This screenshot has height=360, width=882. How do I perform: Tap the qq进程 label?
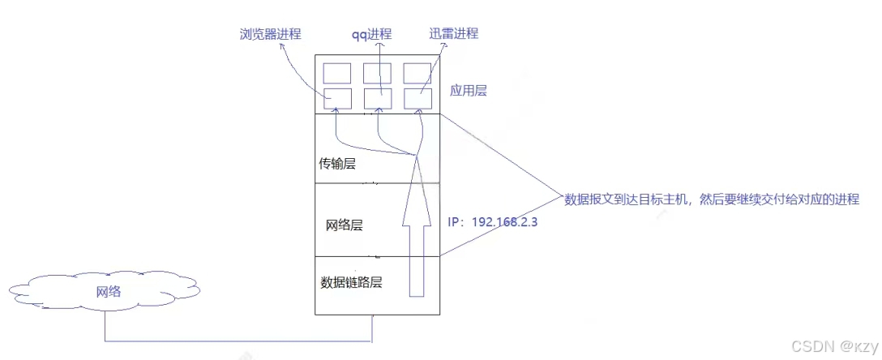(x=370, y=34)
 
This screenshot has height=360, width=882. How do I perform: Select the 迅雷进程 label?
(x=455, y=33)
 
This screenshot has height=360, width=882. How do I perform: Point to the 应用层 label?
(x=468, y=91)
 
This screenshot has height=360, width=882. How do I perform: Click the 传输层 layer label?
(x=339, y=165)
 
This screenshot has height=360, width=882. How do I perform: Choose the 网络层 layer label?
(x=344, y=225)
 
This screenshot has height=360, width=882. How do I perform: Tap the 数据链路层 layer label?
(x=351, y=283)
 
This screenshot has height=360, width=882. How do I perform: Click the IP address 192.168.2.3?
(x=495, y=221)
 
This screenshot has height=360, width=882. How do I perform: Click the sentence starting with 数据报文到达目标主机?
(x=711, y=199)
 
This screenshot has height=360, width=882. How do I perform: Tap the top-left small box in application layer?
(x=337, y=72)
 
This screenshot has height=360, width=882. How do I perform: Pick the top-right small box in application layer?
(x=417, y=72)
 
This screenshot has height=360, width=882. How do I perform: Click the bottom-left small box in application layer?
(x=337, y=97)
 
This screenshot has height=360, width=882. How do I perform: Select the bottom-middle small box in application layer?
(x=378, y=97)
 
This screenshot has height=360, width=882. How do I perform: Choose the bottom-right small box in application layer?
(x=417, y=97)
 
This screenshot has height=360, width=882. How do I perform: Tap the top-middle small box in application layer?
(x=378, y=72)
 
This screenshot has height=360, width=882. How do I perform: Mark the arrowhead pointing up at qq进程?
(x=374, y=45)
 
